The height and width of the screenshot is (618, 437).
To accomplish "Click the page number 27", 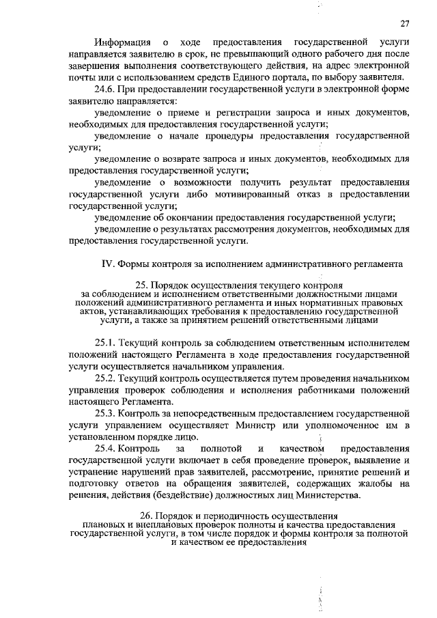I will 404,23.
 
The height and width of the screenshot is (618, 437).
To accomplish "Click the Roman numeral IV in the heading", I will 107,263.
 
